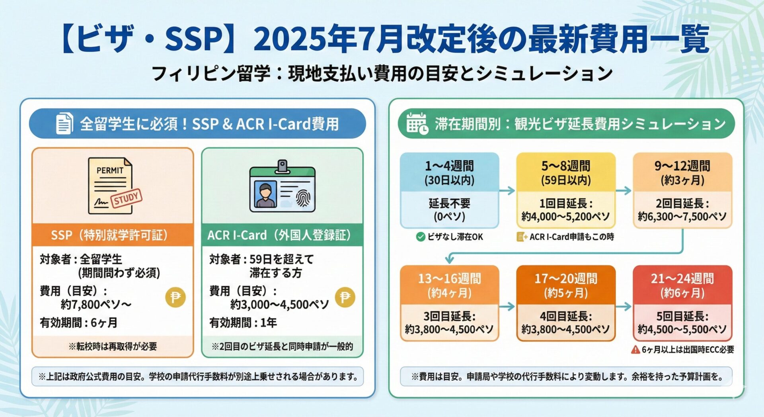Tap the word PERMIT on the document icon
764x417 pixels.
click(x=110, y=170)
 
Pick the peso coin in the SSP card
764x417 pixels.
click(x=175, y=297)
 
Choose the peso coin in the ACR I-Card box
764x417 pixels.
click(x=345, y=297)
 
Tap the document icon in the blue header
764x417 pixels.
click(x=64, y=123)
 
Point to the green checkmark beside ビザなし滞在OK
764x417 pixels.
click(x=421, y=237)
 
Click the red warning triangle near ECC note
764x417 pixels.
click(x=635, y=350)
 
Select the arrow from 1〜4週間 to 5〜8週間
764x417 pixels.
click(x=507, y=191)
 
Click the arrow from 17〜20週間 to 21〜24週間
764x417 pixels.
click(x=624, y=306)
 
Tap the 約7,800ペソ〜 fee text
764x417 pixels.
click(x=96, y=305)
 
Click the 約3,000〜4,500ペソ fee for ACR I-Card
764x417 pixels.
click(x=280, y=305)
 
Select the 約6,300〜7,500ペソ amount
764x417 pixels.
click(x=682, y=217)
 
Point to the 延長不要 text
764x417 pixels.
click(x=450, y=204)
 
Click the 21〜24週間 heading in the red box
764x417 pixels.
click(x=682, y=278)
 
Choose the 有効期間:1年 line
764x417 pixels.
click(x=243, y=323)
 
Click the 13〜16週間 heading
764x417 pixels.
click(x=450, y=278)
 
